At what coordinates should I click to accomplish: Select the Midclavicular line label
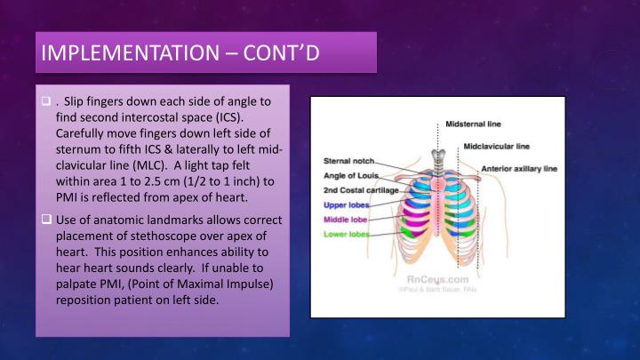498,145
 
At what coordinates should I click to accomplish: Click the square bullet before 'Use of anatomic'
45,219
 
